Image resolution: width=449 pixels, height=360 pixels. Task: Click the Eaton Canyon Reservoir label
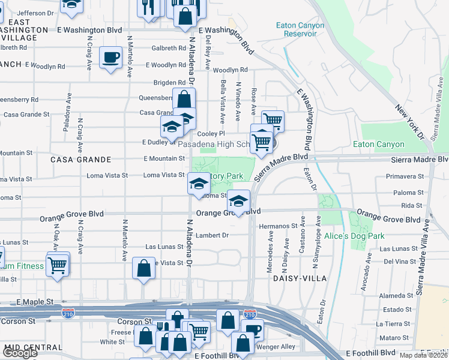pos(300,29)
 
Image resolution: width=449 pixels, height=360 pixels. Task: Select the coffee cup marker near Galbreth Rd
pos(110,58)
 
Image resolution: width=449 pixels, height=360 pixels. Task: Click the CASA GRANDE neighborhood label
pos(81,160)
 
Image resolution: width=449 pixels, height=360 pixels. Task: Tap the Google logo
pos(20,353)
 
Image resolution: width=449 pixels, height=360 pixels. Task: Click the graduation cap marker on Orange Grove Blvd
pos(239,202)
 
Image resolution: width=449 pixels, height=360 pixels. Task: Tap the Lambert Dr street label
pos(212,235)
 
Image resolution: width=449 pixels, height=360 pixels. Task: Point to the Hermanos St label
pos(279,226)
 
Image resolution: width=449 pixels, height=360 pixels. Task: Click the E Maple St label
pos(35,301)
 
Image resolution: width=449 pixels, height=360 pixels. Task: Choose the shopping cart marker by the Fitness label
pos(58,264)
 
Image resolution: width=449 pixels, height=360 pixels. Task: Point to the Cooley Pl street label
pos(211,134)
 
